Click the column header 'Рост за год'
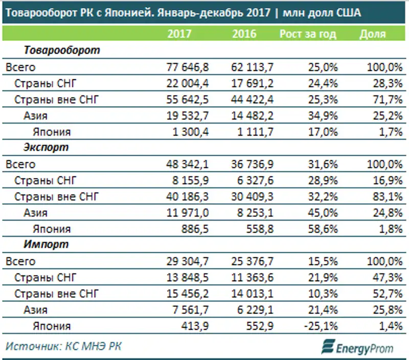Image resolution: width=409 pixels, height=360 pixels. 308,34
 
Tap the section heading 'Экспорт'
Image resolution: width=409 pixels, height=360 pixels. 46,148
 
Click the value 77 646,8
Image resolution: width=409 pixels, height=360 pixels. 188,67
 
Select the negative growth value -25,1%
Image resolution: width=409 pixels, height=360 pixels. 321,326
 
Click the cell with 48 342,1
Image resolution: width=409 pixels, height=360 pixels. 188,164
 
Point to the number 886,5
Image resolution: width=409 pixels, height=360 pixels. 195,229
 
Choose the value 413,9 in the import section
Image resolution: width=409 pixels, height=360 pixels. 195,326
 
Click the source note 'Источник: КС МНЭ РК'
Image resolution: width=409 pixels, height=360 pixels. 64,346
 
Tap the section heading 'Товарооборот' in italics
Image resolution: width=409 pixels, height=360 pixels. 61,51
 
